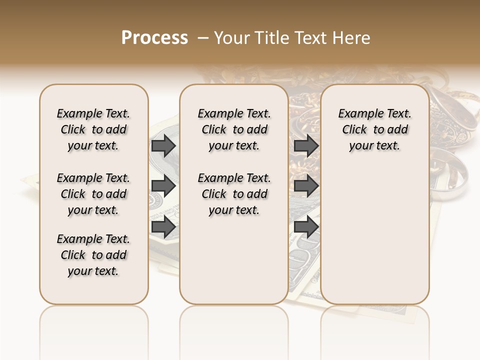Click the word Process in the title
pos(154,37)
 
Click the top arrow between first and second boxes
pos(163,146)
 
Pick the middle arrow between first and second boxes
pos(163,186)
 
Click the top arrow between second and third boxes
pos(306,146)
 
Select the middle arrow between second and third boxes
pos(306,186)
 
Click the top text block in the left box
pos(93,129)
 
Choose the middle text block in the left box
pos(93,194)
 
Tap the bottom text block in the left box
pos(93,255)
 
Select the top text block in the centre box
pos(234,129)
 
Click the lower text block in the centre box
pos(234,194)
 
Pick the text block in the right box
pos(374,129)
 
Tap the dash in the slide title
pos(203,38)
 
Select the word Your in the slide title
pos(231,38)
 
